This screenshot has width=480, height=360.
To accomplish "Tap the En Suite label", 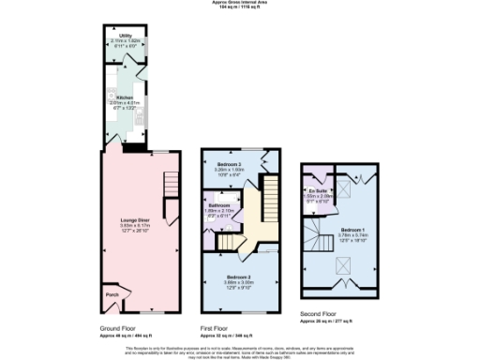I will tap(317, 189).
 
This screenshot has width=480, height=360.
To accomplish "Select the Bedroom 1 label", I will tap(352, 229).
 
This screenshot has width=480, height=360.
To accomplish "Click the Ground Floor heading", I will tap(118, 329).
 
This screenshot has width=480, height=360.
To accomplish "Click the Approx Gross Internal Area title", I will tap(239, 3).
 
